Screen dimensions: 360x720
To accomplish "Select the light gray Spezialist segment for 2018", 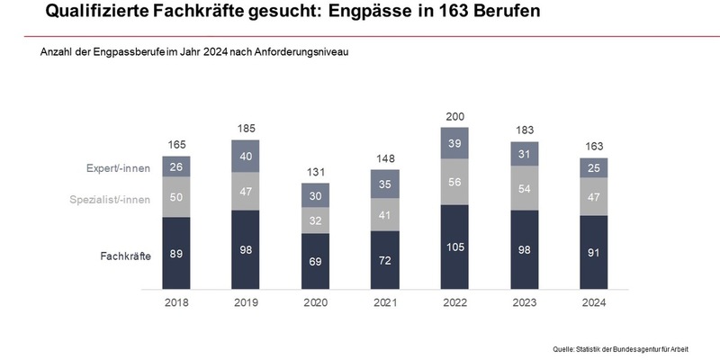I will (176, 196).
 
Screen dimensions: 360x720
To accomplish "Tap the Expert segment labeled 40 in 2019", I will (245, 156).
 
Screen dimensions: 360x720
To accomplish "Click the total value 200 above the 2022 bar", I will (454, 117).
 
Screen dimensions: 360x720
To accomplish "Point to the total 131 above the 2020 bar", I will (314, 173).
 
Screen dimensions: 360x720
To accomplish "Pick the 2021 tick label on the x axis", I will (384, 303).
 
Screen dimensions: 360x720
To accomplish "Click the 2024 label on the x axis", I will (593, 303).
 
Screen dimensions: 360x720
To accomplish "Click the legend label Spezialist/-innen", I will (110, 198).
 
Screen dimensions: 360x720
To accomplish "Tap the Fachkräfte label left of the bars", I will (125, 256).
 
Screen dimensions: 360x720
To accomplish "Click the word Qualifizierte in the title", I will (99, 13).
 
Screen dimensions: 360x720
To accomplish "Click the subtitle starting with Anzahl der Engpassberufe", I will (193, 52).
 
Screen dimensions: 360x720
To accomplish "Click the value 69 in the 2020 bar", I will (314, 262).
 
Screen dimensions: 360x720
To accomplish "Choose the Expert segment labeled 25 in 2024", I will (593, 167).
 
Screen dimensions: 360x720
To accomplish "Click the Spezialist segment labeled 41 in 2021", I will (384, 215).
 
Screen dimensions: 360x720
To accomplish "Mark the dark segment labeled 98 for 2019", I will (245, 250).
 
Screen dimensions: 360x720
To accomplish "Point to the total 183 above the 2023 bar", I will (524, 131).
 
